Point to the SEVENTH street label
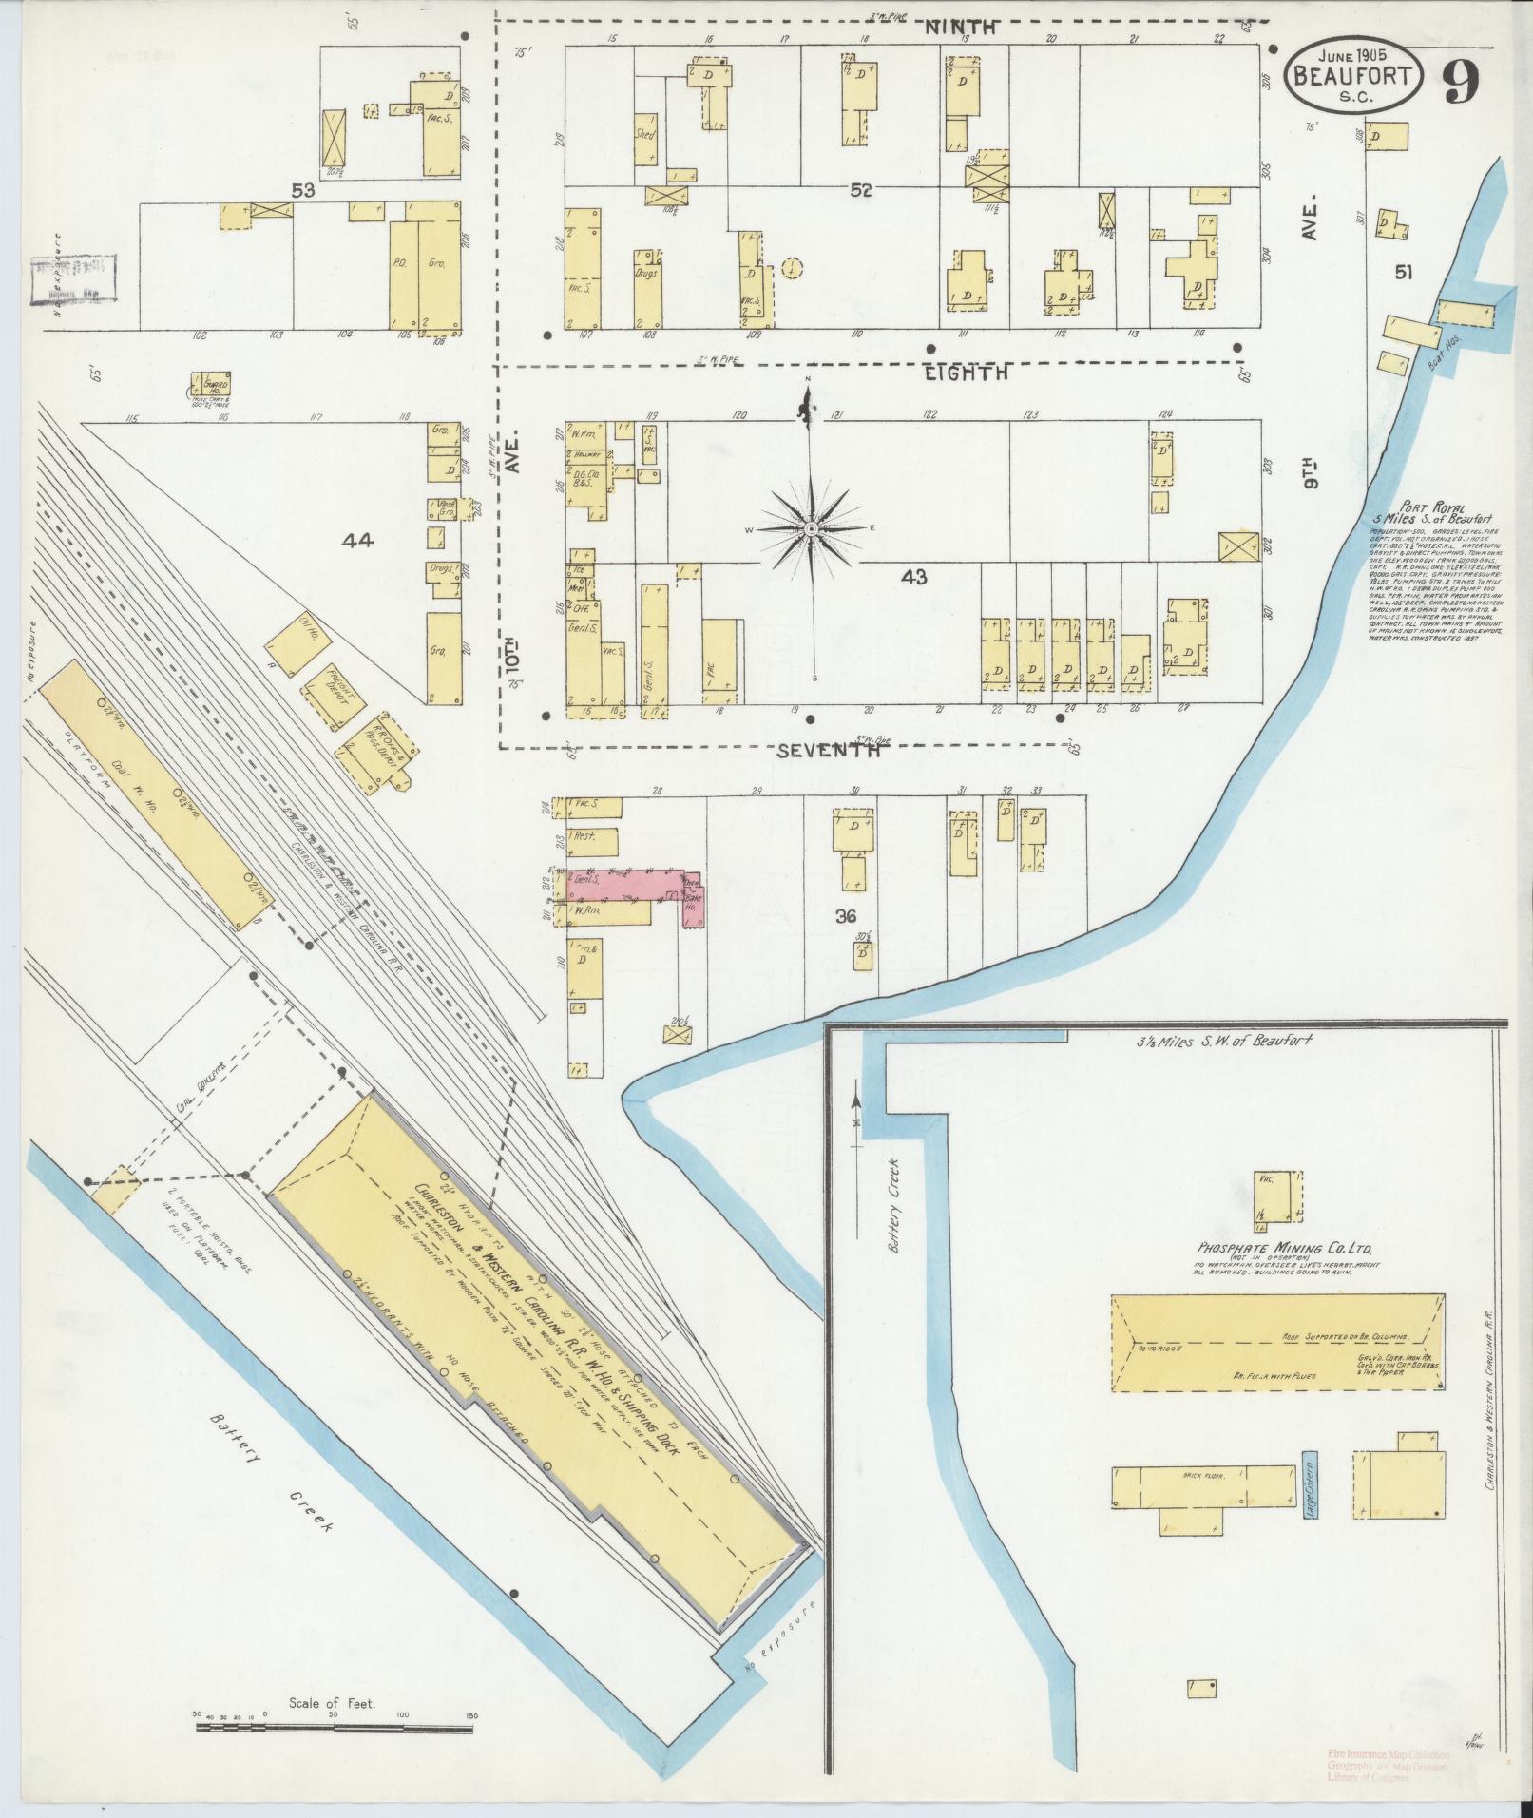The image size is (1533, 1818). pyautogui.click(x=828, y=751)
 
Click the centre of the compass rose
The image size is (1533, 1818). pyautogui.click(x=811, y=528)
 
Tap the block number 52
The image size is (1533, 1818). pyautogui.click(x=861, y=191)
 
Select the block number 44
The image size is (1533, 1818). pyautogui.click(x=358, y=542)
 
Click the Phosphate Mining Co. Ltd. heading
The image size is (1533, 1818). pyautogui.click(x=1274, y=1248)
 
